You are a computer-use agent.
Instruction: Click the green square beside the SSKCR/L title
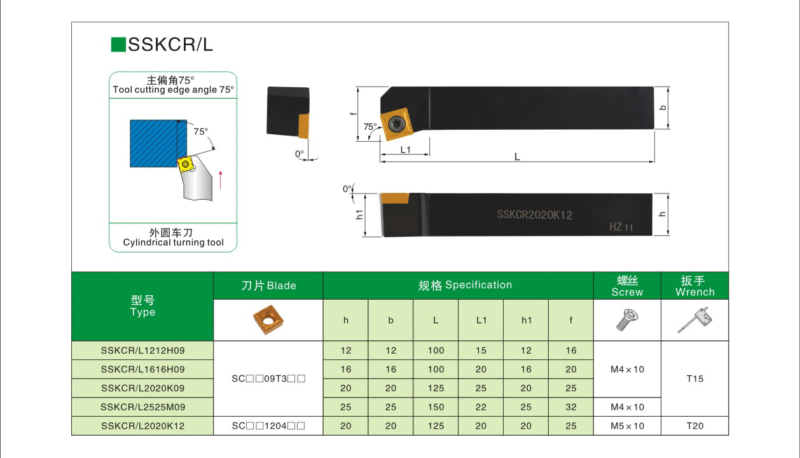pos(118,45)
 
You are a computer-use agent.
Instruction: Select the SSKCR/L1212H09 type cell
pos(142,350)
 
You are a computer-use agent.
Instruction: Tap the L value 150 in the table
pos(436,407)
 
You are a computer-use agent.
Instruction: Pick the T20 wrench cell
pos(694,426)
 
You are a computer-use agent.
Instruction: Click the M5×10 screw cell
pos(627,426)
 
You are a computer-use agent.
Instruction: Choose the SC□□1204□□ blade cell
pos(268,426)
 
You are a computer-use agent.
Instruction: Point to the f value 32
pos(570,407)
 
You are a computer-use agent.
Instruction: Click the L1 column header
pos(481,321)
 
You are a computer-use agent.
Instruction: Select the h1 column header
pos(526,321)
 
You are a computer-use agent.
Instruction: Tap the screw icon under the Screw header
pos(627,320)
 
